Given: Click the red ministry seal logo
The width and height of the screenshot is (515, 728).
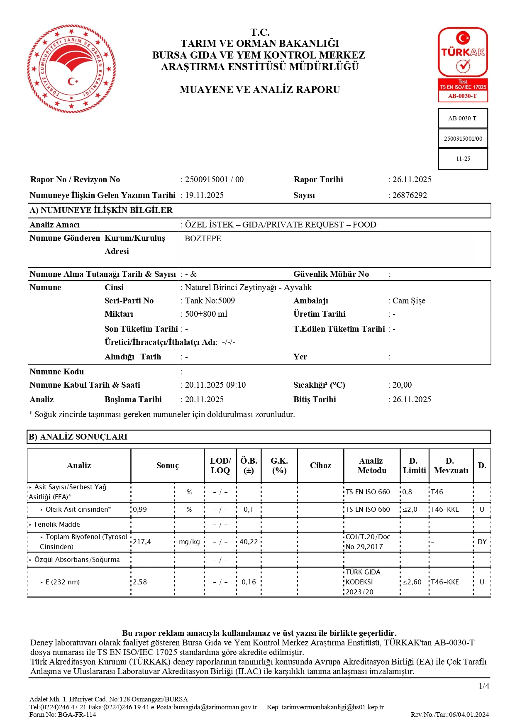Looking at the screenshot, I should pyautogui.click(x=71, y=68).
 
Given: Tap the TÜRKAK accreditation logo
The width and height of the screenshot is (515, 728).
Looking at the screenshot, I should pyautogui.click(x=463, y=64).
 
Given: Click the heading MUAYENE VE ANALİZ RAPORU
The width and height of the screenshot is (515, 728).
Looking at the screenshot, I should pyautogui.click(x=260, y=90).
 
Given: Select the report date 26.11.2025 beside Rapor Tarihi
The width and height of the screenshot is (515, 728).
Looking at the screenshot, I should pyautogui.click(x=412, y=179).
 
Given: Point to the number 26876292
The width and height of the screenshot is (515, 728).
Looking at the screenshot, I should pyautogui.click(x=410, y=195).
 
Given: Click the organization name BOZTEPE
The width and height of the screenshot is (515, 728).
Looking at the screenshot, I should pyautogui.click(x=203, y=239).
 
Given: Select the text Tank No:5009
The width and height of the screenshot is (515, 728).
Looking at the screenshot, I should pyautogui.click(x=210, y=300).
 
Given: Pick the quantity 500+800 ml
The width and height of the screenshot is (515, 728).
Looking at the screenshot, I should pyautogui.click(x=206, y=314).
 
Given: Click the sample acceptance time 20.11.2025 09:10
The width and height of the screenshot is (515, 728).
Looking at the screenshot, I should pyautogui.click(x=215, y=385).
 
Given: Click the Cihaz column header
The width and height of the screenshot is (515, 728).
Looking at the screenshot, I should pyautogui.click(x=320, y=465).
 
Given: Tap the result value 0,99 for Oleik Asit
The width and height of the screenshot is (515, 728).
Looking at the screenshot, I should pyautogui.click(x=140, y=509).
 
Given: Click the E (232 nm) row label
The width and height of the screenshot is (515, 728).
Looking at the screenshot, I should pyautogui.click(x=62, y=582).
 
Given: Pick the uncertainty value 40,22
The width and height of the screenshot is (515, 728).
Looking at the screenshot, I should pyautogui.click(x=249, y=542).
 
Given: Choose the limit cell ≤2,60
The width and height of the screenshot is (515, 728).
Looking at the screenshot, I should pyautogui.click(x=412, y=582).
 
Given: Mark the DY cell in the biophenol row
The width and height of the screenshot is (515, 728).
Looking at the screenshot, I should pyautogui.click(x=482, y=542).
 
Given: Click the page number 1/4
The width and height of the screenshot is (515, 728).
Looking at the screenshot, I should pyautogui.click(x=484, y=686).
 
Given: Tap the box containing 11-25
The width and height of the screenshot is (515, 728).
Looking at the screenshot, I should pyautogui.click(x=463, y=159).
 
